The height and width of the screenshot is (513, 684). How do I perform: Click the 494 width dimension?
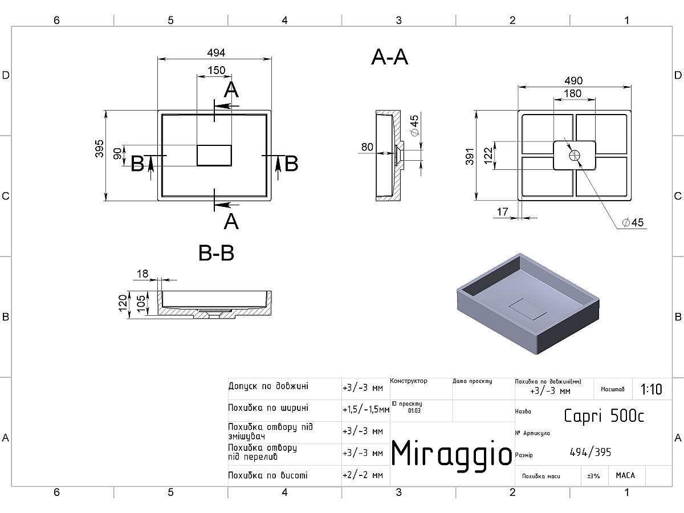pos(215,52)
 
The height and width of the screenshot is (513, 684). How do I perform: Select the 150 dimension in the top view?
pos(216,71)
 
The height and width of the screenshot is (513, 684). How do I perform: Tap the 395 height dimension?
pos(100,149)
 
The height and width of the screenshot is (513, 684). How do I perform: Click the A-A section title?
pos(390,57)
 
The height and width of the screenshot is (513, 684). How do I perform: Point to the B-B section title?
pos(216,253)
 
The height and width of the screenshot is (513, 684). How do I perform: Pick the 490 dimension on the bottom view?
pos(573,81)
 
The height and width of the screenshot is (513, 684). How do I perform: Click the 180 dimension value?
pos(572,93)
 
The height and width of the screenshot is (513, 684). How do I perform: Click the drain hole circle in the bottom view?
pos(575,154)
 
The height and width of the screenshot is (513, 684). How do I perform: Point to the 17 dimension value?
pos(502,212)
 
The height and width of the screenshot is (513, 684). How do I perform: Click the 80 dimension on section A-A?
pos(367,147)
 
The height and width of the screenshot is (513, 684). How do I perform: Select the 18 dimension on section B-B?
pos(142,274)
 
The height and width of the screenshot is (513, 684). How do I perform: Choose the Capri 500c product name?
pos(604,416)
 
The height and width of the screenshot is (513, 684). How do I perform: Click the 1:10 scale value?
pos(651,389)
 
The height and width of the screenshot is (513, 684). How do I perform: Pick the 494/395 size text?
pos(590,453)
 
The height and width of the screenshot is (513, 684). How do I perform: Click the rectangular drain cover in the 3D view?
pos(527,309)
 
